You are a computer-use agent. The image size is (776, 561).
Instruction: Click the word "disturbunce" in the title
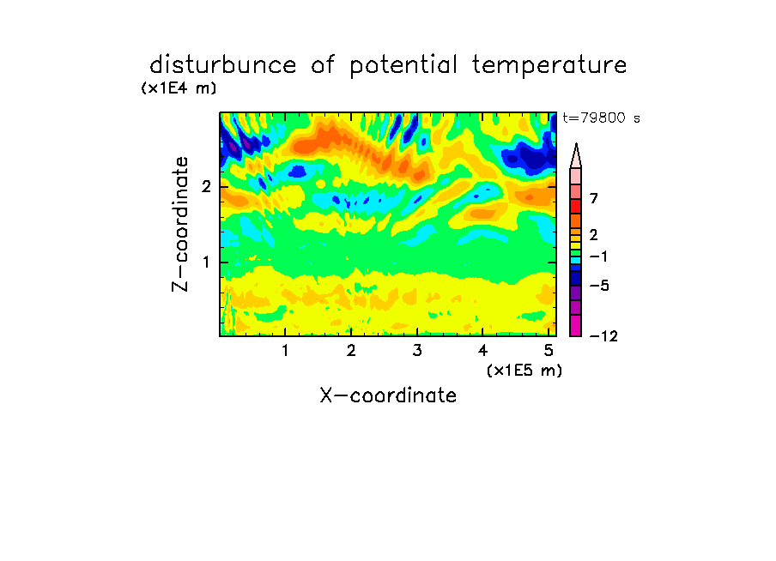click(222, 65)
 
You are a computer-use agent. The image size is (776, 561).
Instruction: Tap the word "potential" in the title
click(403, 66)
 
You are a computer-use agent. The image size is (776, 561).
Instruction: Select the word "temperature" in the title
click(549, 66)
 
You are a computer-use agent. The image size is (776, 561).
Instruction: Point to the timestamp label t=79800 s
click(601, 118)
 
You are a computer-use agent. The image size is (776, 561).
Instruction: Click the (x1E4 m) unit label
click(179, 88)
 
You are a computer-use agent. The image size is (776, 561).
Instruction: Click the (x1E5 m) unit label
click(524, 370)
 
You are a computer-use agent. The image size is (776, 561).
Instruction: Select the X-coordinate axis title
click(388, 395)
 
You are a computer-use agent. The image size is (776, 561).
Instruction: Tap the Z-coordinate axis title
click(180, 224)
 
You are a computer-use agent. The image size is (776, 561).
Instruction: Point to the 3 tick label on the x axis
click(417, 351)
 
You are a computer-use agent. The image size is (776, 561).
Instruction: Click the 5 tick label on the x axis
click(549, 351)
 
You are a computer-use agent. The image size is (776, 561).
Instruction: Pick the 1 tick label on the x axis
click(286, 351)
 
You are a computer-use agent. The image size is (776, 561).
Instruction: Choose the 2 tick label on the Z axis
click(206, 187)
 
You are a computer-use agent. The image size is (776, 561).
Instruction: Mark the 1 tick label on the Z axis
click(206, 262)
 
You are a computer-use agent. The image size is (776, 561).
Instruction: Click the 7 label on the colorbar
click(594, 199)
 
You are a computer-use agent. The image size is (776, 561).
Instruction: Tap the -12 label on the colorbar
click(603, 336)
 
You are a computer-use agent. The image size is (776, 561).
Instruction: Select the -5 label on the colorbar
click(599, 286)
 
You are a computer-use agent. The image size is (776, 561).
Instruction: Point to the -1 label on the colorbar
click(599, 256)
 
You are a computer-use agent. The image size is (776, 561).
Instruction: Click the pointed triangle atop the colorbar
click(576, 155)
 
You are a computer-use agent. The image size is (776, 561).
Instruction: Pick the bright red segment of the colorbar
click(576, 206)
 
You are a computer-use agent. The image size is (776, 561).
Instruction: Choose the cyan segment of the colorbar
click(576, 260)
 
